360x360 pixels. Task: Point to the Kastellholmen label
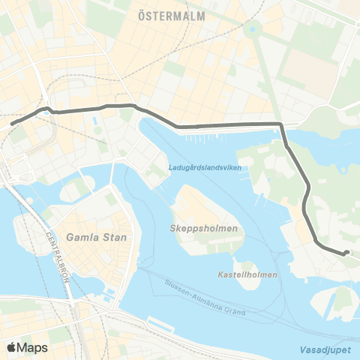(248, 274)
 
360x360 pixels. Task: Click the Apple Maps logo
(26, 347)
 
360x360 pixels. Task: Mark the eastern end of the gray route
(346, 253)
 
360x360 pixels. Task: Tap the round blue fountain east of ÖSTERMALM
(252, 30)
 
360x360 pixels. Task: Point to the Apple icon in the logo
(11, 347)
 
